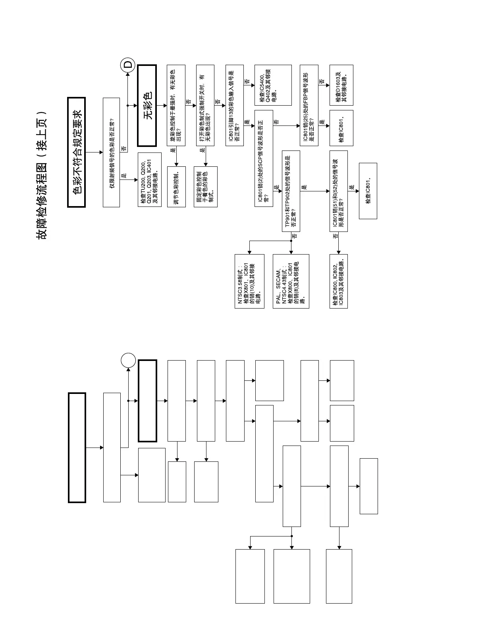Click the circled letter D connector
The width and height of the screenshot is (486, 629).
(128, 65)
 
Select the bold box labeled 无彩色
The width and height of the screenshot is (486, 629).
(147, 105)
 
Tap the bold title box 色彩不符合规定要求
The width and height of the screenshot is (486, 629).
(77, 152)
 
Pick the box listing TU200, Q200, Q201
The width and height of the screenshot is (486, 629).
(149, 179)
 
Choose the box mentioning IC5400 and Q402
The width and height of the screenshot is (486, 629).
(273, 85)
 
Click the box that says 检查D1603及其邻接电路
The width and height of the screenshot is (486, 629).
(341, 85)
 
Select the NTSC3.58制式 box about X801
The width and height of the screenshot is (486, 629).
(249, 281)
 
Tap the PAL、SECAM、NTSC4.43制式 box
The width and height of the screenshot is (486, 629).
(291, 281)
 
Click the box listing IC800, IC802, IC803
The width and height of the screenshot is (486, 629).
(338, 281)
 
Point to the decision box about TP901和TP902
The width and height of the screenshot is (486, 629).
(291, 191)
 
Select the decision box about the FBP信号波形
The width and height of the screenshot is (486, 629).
(309, 105)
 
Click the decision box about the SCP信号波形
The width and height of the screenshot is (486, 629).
(264, 158)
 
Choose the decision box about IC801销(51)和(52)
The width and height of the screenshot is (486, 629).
(338, 191)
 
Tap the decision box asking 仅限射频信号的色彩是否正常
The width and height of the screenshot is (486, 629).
(111, 152)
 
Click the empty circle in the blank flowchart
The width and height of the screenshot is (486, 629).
(128, 360)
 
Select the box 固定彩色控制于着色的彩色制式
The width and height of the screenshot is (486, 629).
(206, 187)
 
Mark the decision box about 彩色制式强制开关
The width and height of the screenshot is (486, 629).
(205, 105)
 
